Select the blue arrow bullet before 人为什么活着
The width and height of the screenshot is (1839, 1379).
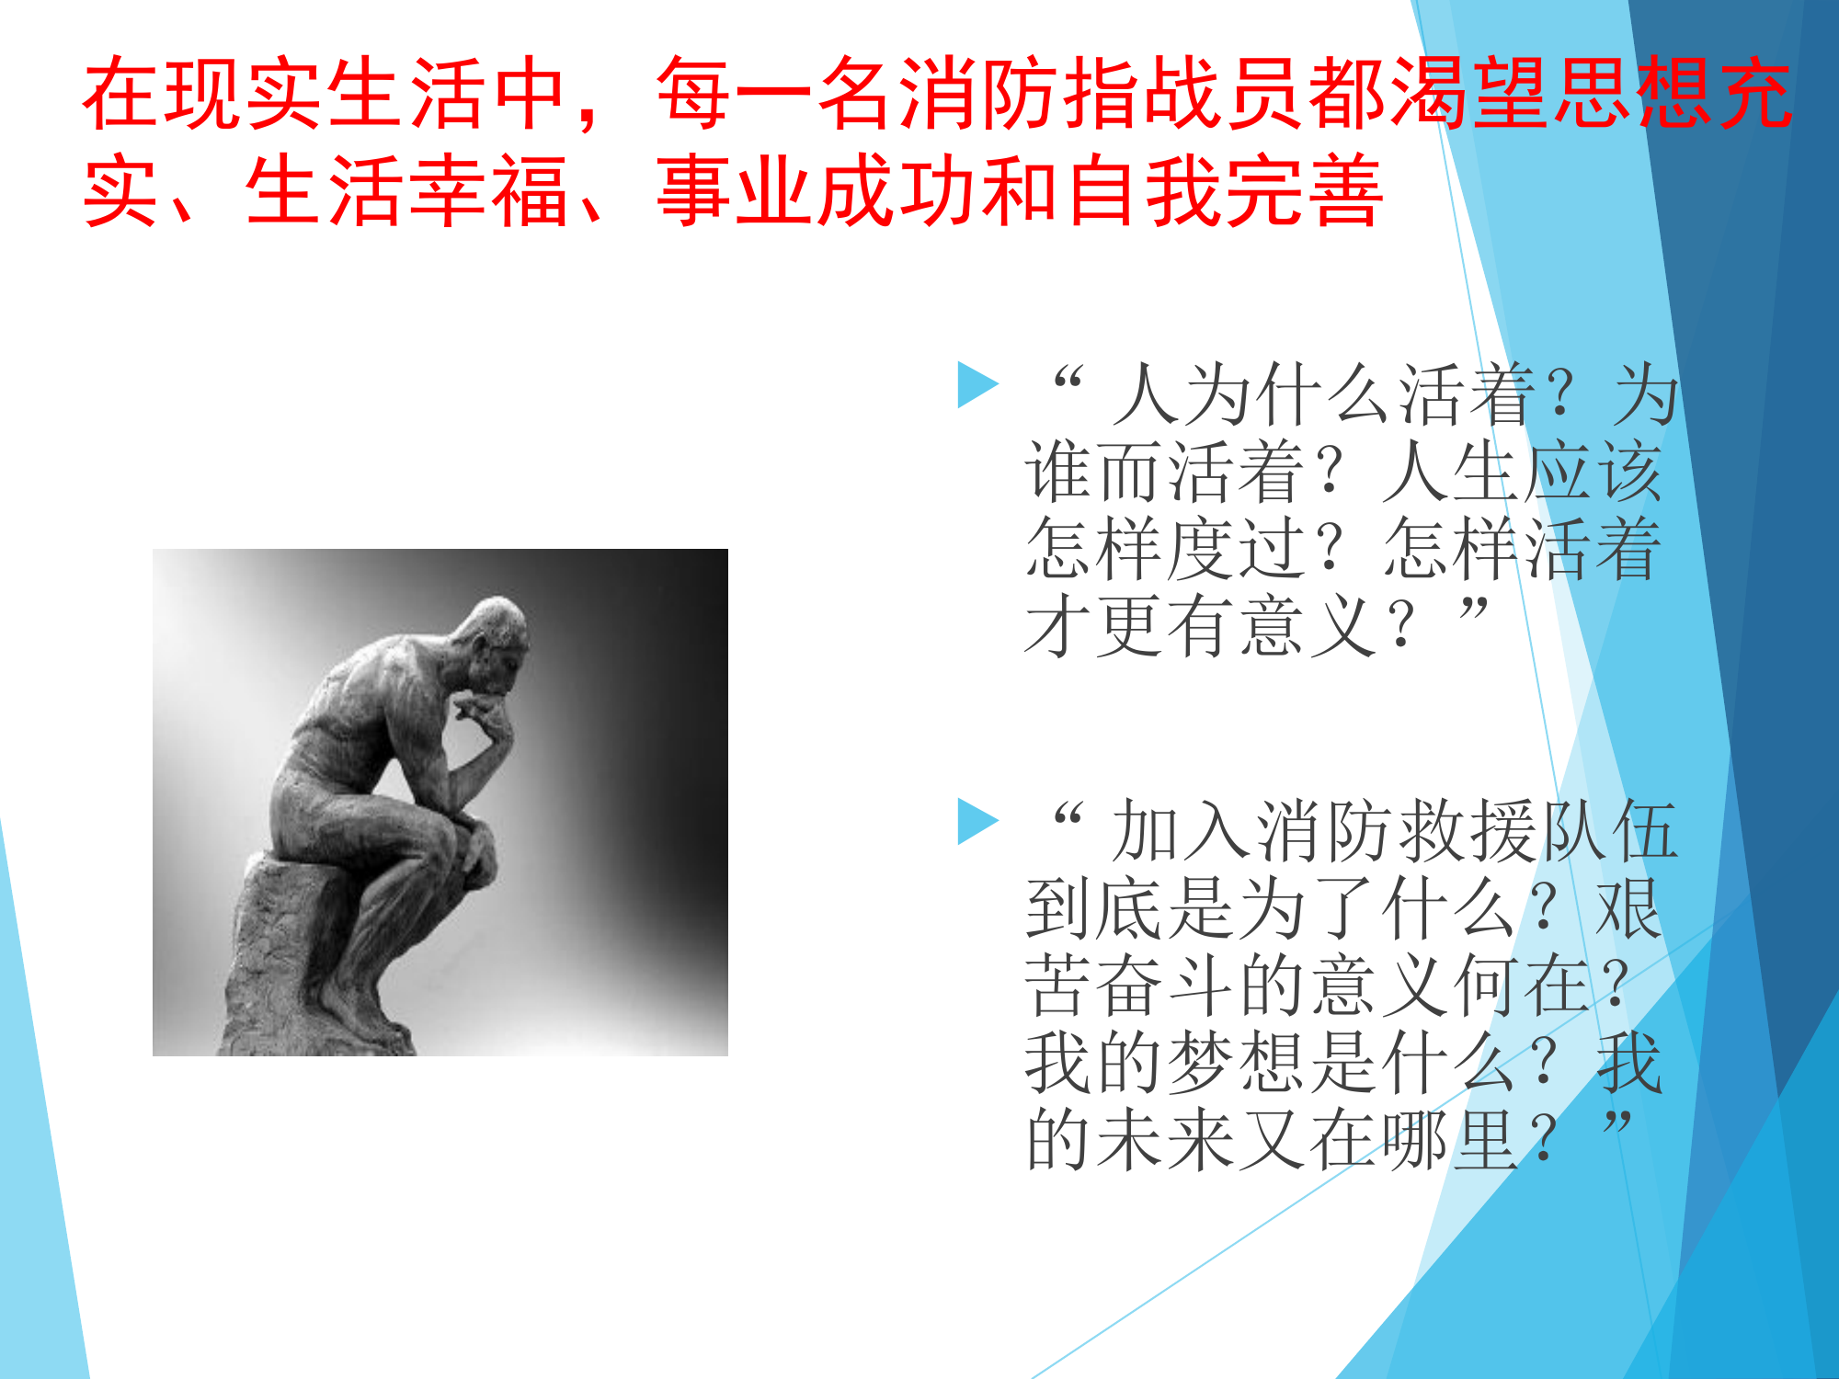click(977, 384)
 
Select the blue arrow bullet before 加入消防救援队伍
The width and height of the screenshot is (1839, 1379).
click(977, 820)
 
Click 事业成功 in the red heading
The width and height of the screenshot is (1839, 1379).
click(818, 191)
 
